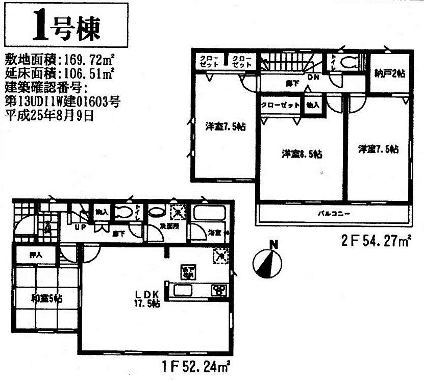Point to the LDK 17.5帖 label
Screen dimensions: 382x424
pos(148,298)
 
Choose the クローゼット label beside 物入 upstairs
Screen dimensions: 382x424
pos(280,105)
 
